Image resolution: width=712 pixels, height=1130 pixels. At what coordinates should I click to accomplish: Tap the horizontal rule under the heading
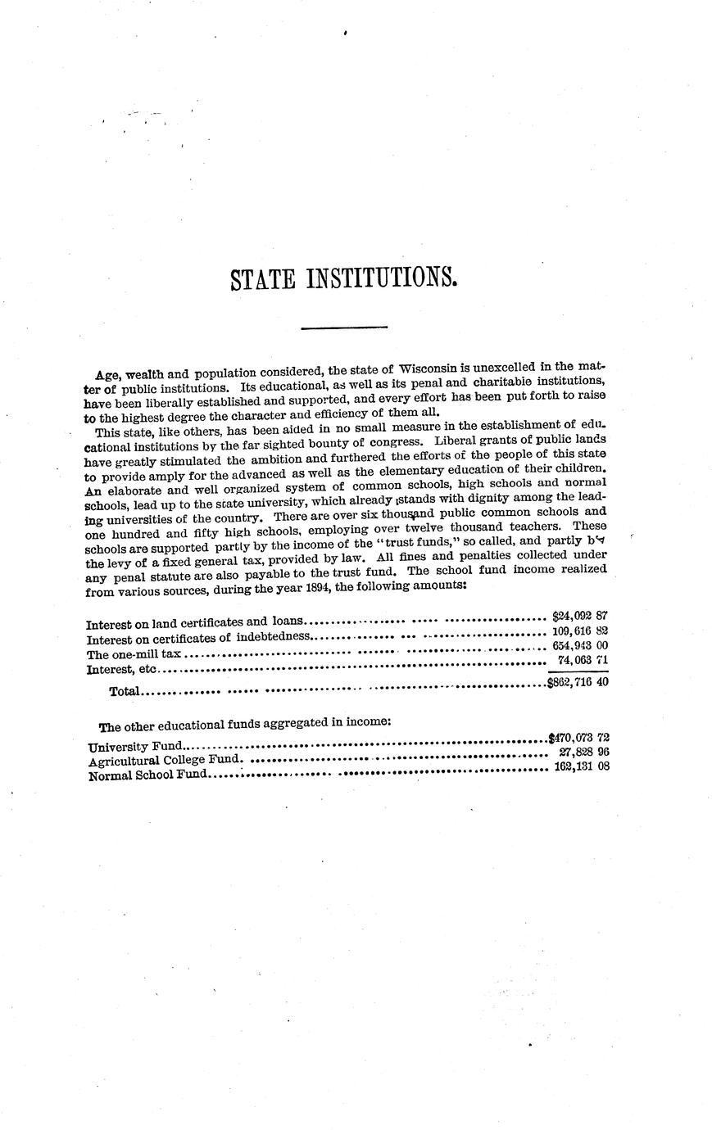click(x=344, y=329)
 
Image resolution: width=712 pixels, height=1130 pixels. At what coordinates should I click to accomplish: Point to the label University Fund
click(x=136, y=747)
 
